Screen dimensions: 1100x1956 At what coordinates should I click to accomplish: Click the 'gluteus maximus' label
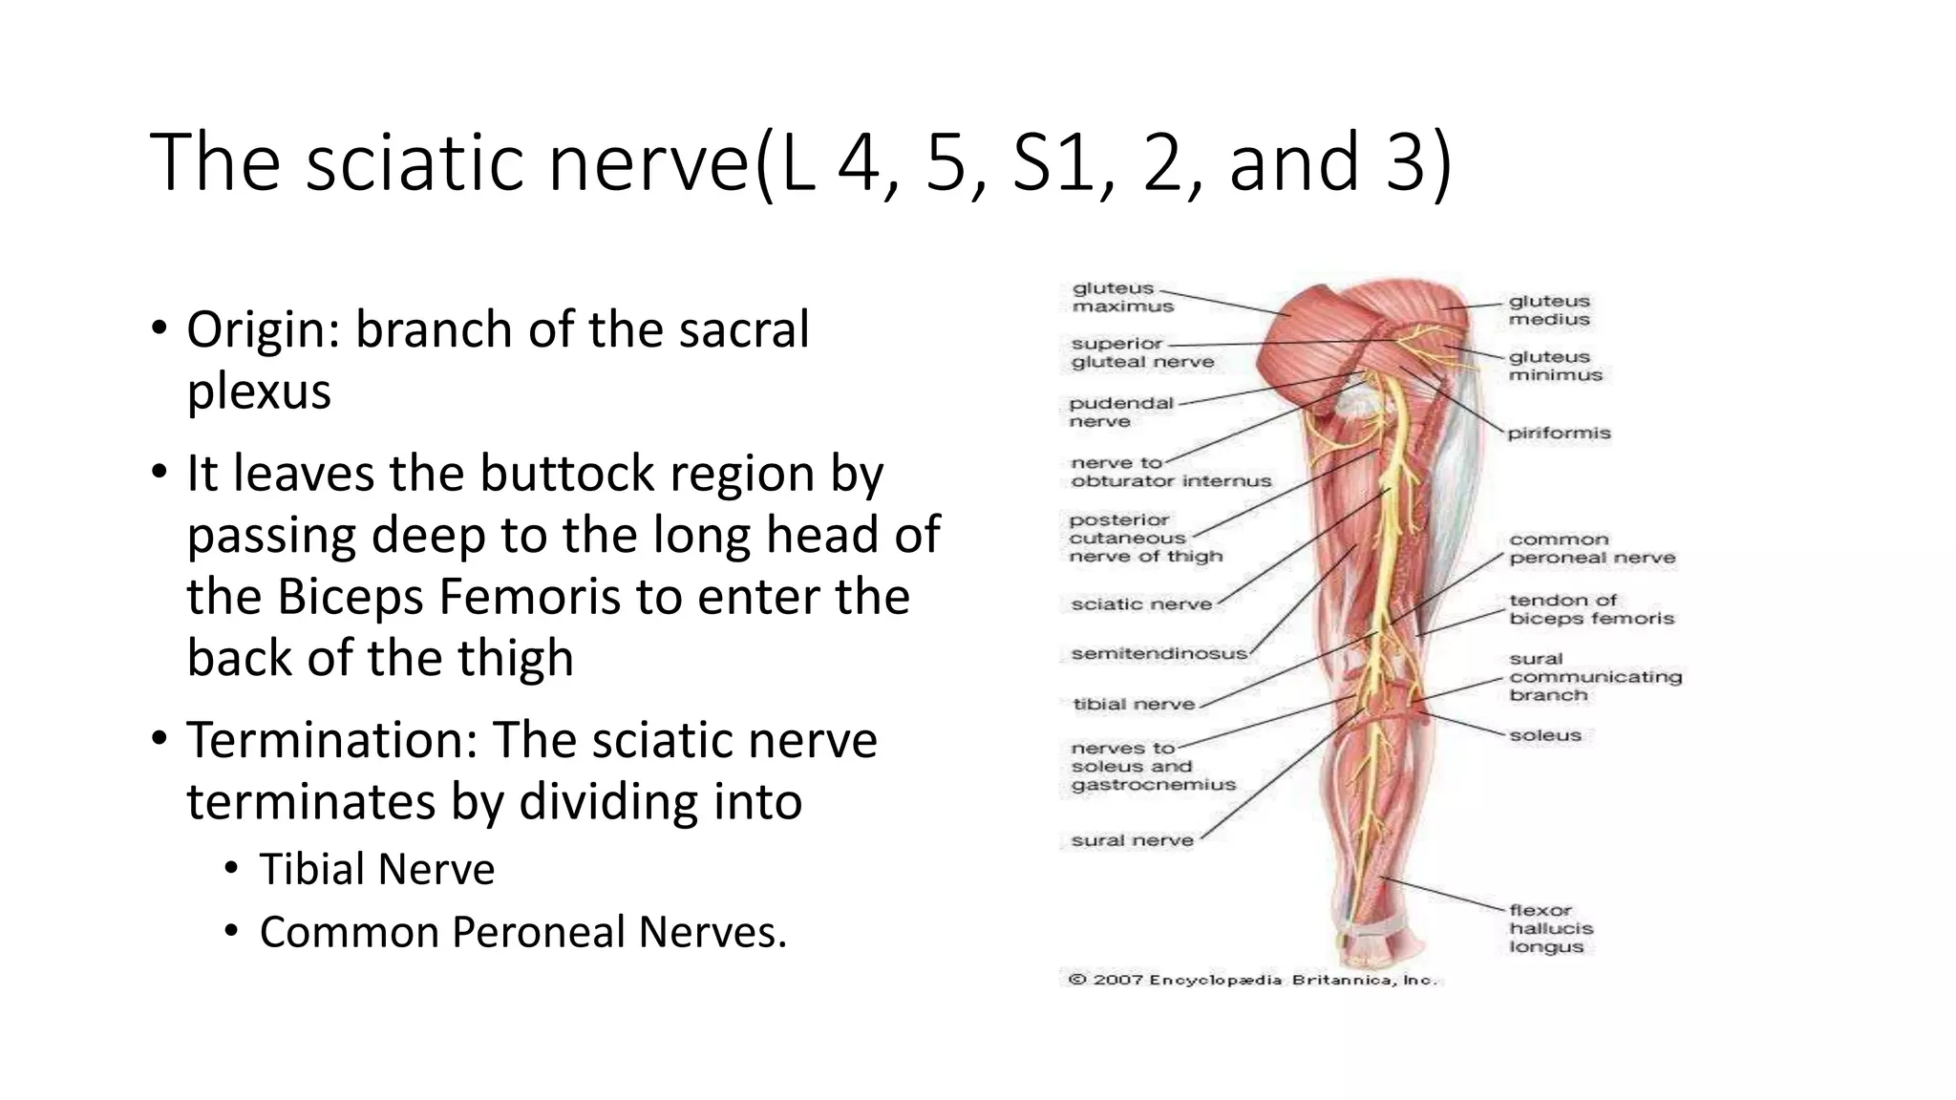coord(1122,297)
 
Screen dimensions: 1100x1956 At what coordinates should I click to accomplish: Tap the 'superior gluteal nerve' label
coord(1141,352)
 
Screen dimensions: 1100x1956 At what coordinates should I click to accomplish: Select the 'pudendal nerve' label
coord(1120,412)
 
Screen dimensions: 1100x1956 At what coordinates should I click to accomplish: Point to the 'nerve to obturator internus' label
coord(1170,472)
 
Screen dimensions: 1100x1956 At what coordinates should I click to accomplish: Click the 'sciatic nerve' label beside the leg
coord(1140,603)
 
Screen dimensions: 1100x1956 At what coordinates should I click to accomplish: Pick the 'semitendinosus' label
coord(1159,653)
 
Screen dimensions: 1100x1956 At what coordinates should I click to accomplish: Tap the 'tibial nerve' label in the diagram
coord(1133,705)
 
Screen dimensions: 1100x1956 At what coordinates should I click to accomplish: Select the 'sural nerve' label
coord(1132,840)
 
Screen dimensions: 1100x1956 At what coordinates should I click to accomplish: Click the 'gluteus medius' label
coord(1548,310)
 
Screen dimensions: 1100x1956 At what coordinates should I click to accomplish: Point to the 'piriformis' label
coord(1559,434)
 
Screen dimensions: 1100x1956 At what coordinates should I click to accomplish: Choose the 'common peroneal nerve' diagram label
coord(1591,548)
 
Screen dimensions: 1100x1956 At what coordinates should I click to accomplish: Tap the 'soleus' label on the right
coord(1544,735)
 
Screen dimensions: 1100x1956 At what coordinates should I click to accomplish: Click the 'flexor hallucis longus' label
coord(1550,928)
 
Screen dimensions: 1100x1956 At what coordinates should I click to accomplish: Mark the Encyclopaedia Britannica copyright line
coord(1251,980)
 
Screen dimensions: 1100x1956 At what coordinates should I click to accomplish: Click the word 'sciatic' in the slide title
coord(416,162)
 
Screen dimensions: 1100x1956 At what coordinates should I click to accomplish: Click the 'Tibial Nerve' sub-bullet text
coord(376,870)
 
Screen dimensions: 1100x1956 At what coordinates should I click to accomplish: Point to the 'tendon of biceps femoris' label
coord(1591,609)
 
